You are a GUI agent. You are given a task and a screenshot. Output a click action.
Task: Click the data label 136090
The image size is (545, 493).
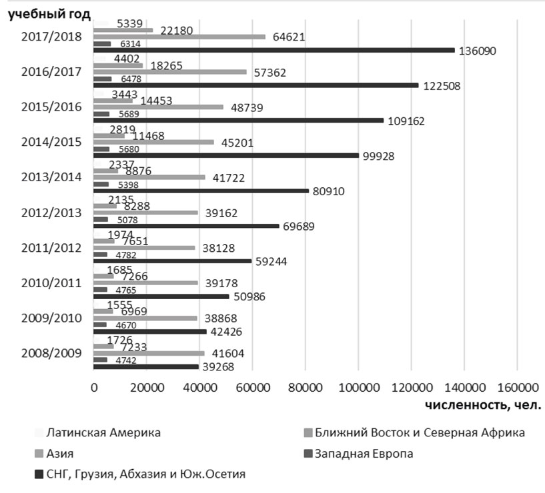[x=477, y=51]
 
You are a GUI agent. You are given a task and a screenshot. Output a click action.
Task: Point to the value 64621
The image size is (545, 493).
[x=289, y=37]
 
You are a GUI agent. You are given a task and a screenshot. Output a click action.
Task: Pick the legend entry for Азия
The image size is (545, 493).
[x=61, y=454]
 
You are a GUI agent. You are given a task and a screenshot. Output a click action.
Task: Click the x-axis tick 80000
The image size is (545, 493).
[x=305, y=387]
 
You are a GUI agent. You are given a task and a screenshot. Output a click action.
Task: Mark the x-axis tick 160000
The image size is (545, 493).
[x=517, y=387]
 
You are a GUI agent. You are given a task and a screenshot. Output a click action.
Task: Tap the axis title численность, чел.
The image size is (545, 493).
[x=482, y=404]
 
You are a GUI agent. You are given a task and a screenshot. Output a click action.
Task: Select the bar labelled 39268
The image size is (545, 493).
[x=146, y=366]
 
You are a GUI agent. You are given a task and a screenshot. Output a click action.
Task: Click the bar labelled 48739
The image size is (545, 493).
[x=159, y=107]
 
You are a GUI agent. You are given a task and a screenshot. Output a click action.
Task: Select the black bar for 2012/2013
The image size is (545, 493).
[x=186, y=226]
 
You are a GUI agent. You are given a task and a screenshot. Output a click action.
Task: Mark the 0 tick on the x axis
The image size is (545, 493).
[x=94, y=387]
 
